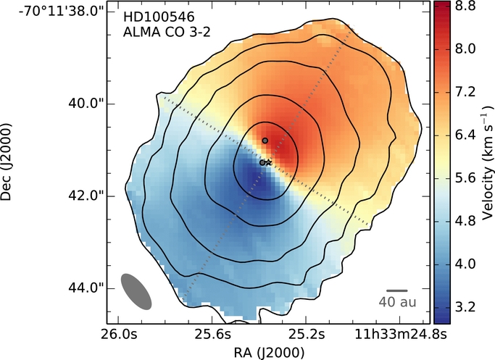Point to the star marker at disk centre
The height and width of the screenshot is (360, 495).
point(269,163)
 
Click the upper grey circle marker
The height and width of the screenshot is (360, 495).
point(265,140)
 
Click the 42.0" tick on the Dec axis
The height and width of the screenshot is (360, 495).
point(86,196)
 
